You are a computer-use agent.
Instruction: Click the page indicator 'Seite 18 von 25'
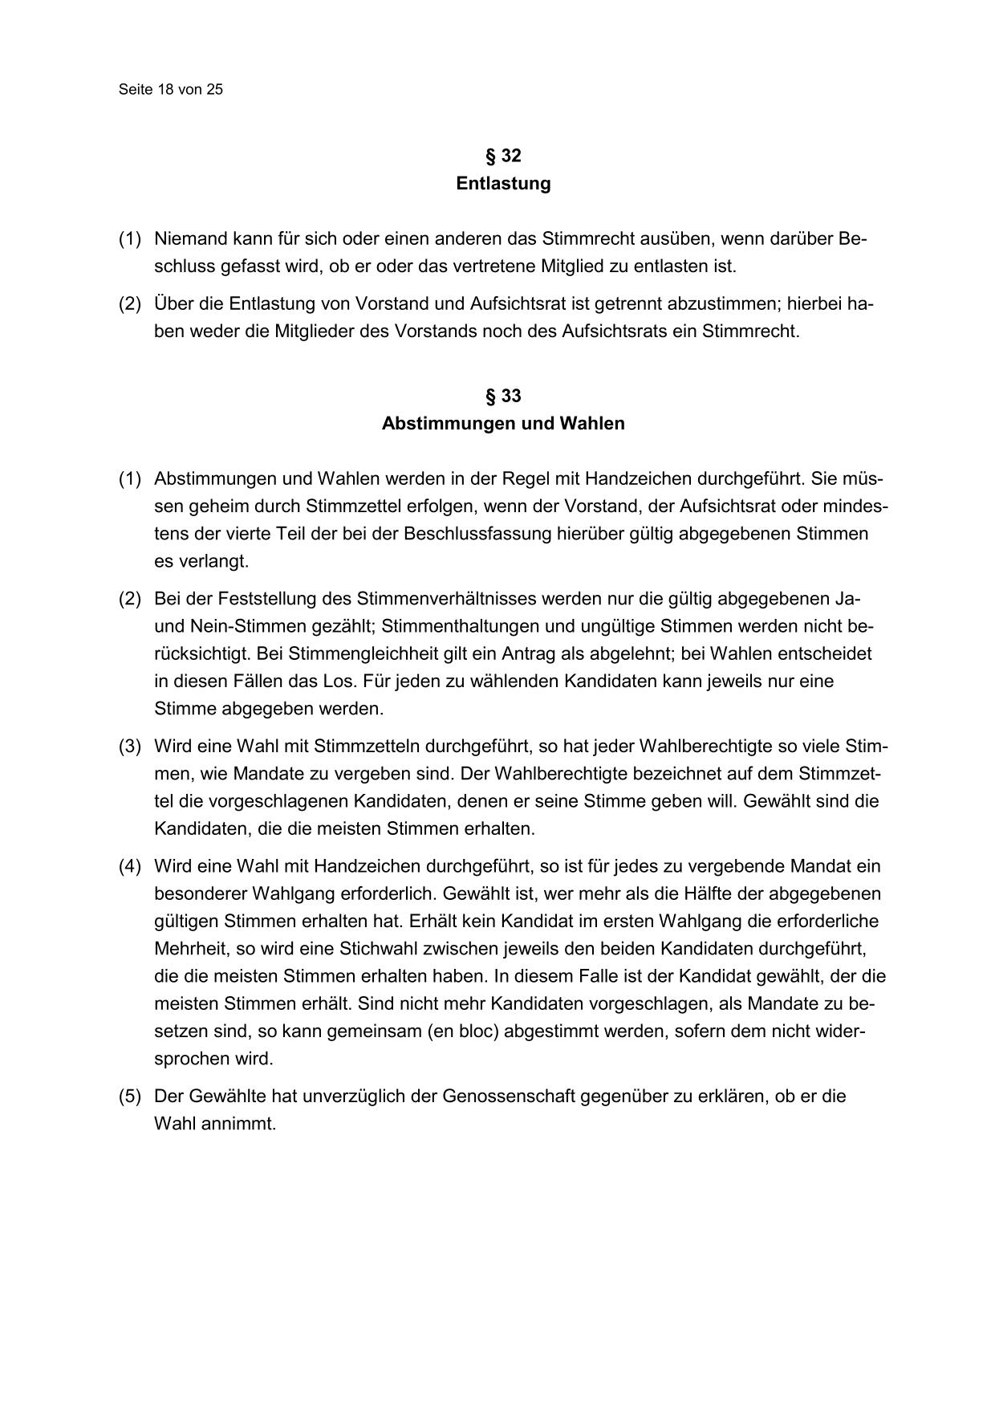170,90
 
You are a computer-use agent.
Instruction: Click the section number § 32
503,156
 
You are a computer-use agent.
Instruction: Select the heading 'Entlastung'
503,184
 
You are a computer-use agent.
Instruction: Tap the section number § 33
503,396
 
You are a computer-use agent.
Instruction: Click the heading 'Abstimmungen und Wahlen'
503,423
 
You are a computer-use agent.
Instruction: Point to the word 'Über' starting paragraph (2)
172,304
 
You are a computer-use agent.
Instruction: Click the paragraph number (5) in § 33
130,1097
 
